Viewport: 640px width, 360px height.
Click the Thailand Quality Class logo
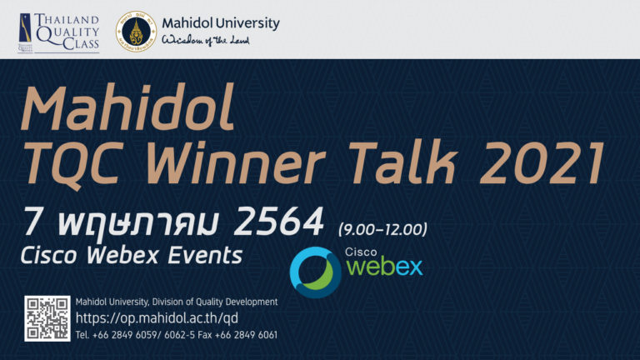[59, 32]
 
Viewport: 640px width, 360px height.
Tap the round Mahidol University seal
[136, 32]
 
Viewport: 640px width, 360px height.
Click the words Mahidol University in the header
[220, 23]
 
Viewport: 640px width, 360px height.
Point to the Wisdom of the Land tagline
[205, 40]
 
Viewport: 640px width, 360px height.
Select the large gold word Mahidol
[127, 107]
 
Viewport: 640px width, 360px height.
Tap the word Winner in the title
[236, 162]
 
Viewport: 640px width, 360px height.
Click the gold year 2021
[542, 162]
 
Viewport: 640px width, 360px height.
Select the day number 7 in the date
[33, 221]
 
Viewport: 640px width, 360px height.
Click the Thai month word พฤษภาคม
[139, 223]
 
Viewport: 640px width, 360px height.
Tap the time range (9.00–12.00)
[382, 229]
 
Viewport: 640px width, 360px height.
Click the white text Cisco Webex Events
[132, 256]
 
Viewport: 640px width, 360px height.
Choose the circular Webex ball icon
[316, 272]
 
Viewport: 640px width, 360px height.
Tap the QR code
[47, 318]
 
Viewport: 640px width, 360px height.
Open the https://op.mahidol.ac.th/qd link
[157, 318]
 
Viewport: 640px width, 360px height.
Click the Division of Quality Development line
[177, 302]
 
